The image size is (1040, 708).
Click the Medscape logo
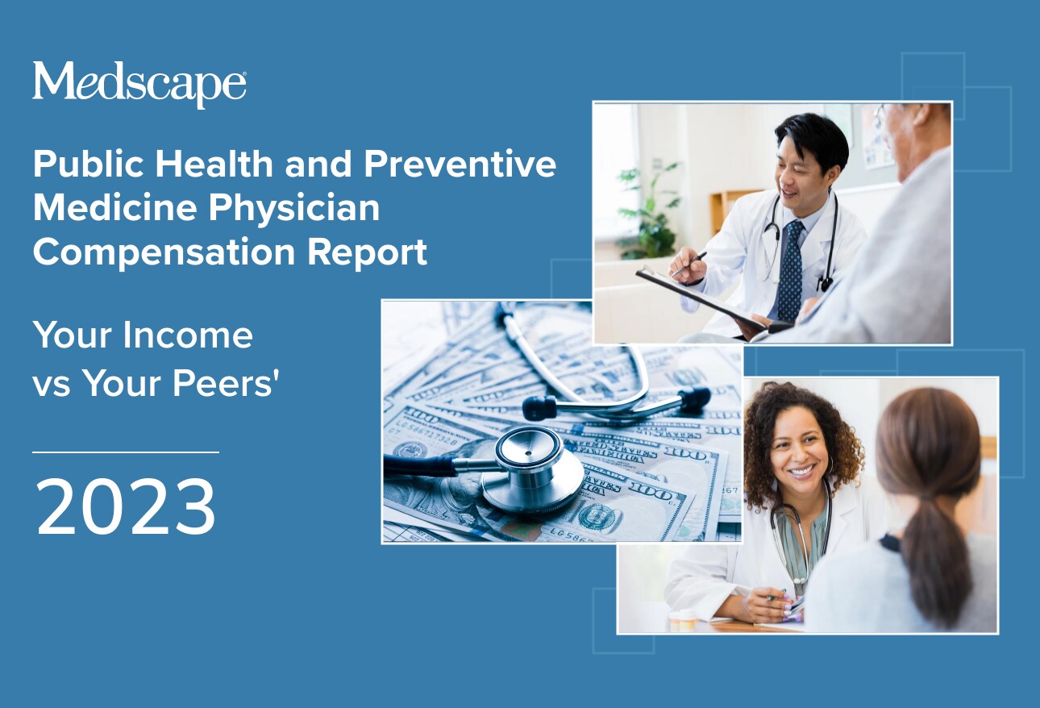click(x=139, y=85)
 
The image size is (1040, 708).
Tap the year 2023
click(x=126, y=506)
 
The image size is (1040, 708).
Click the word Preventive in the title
click(x=460, y=164)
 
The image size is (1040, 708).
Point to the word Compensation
click(x=164, y=253)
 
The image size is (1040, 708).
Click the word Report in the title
click(x=368, y=252)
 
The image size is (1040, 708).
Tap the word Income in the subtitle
click(x=188, y=335)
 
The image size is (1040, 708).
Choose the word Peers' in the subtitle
click(x=226, y=383)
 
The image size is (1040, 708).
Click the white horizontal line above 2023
click(x=125, y=452)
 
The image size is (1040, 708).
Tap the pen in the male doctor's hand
click(x=688, y=264)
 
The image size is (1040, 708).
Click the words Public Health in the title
click(x=153, y=164)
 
